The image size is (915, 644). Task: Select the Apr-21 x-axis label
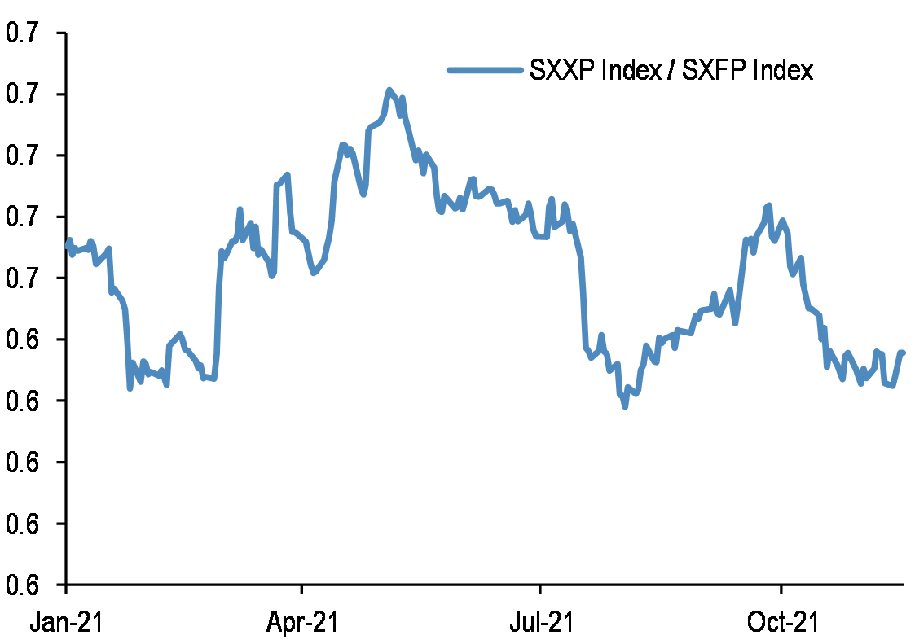[x=302, y=623]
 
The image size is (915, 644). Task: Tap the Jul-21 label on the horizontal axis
[x=540, y=623]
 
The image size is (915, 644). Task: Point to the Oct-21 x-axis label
[x=781, y=623]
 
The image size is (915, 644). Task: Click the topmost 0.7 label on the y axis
[x=22, y=33]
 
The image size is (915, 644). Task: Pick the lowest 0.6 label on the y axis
[x=22, y=585]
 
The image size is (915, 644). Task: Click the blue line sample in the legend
[x=484, y=70]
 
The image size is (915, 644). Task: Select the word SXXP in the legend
[x=561, y=71]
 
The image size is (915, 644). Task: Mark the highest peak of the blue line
[x=389, y=90]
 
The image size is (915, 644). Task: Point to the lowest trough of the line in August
[x=625, y=405]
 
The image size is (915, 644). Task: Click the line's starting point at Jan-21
[x=67, y=245]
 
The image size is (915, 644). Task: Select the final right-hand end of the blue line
[x=904, y=353]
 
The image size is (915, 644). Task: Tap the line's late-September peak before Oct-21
[x=768, y=206]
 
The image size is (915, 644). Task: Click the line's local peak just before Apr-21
[x=288, y=175]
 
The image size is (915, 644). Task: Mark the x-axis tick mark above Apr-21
[x=302, y=589]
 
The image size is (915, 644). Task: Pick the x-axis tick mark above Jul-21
[x=540, y=589]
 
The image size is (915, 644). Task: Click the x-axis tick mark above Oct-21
[x=781, y=589]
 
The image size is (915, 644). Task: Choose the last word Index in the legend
[x=783, y=71]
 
